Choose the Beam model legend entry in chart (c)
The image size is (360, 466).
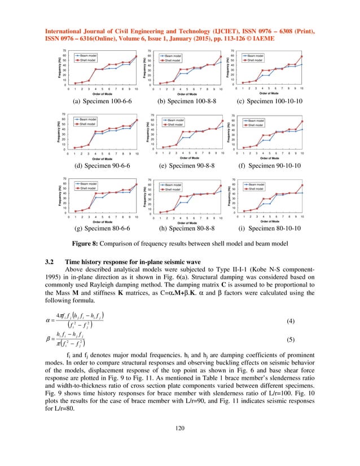[x=257, y=56]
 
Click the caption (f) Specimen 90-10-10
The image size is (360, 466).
[x=269, y=166]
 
